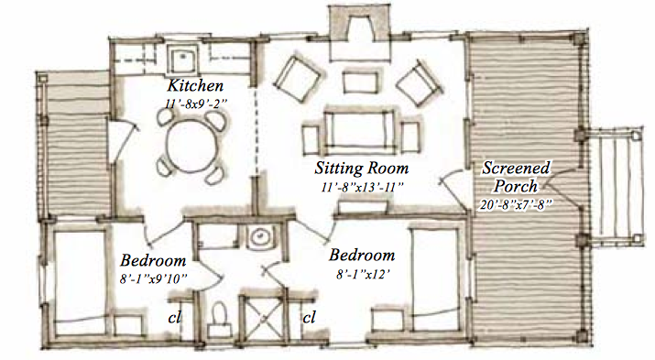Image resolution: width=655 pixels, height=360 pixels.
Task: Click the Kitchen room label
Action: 195,85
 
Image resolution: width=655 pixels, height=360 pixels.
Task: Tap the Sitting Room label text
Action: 361,169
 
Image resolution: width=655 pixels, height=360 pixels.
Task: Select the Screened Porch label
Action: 516,177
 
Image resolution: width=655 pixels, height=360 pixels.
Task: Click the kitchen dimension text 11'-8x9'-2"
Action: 196,104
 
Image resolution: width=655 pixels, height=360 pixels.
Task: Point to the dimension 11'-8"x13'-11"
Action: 362,187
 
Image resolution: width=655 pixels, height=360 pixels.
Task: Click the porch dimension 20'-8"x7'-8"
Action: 516,204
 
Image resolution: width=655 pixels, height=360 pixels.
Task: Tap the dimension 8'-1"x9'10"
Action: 153,278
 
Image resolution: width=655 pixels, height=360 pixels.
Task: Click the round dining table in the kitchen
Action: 191,144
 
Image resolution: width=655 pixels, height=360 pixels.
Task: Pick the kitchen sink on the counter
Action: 182,59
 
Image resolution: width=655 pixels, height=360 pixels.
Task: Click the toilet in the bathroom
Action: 219,319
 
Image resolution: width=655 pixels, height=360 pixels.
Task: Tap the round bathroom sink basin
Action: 261,237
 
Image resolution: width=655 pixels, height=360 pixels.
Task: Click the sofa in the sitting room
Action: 359,130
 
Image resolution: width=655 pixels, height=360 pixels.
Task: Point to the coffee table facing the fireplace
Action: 360,82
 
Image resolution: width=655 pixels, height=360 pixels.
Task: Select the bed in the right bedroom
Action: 435,279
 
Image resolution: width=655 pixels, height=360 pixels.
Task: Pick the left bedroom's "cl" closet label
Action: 175,317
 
